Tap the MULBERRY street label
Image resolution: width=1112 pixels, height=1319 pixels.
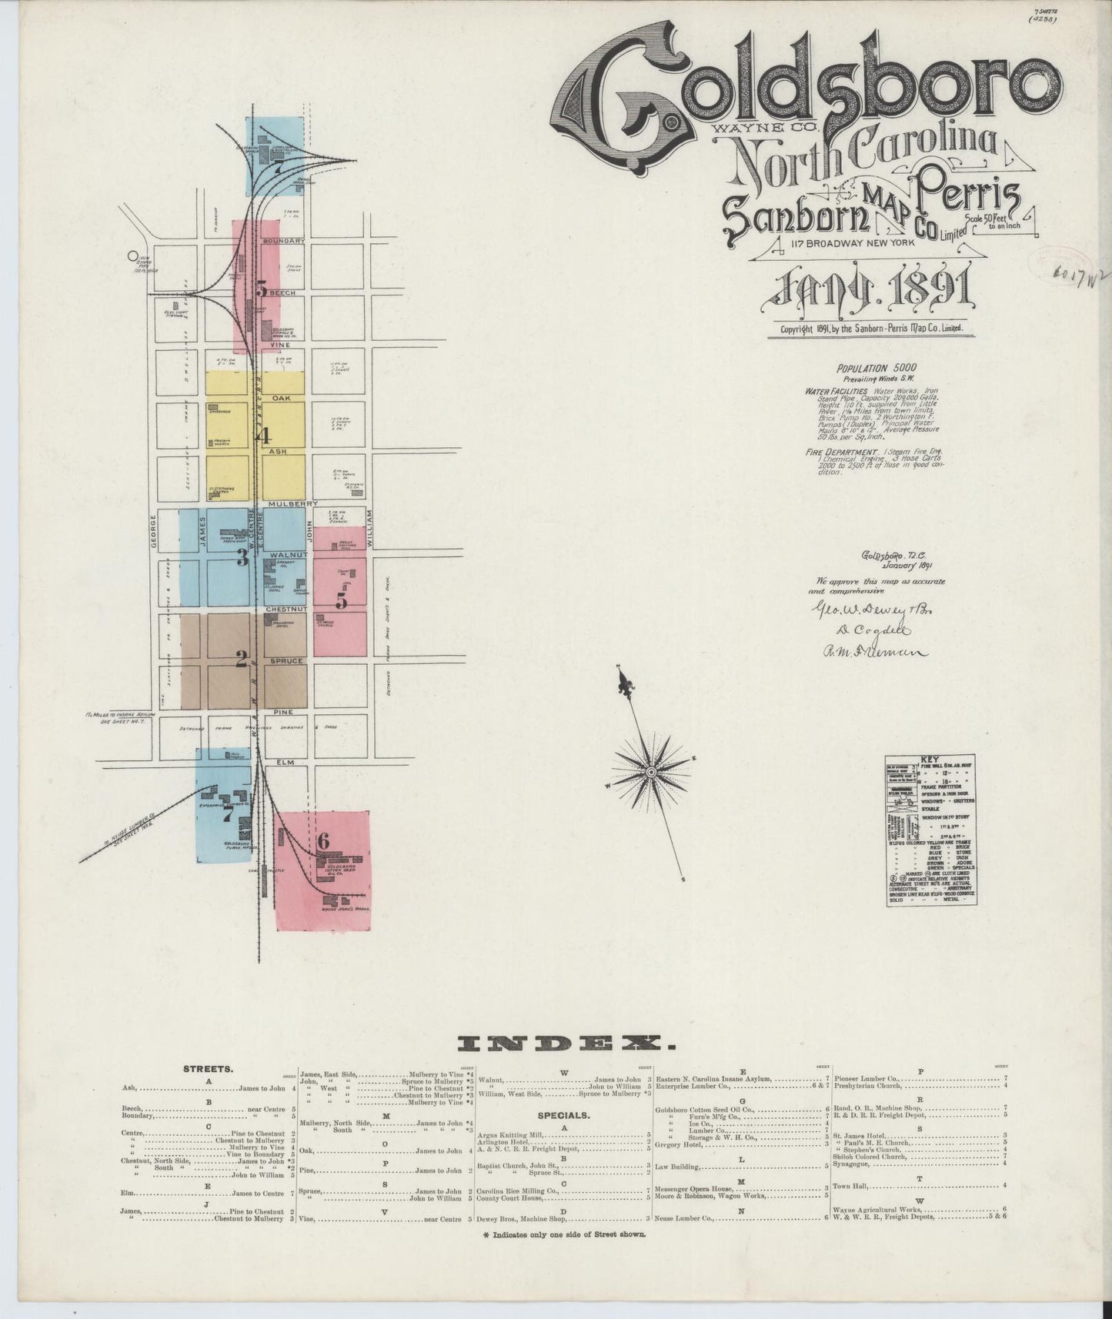click(x=288, y=503)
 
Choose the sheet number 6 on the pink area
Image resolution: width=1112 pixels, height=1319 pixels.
click(x=323, y=841)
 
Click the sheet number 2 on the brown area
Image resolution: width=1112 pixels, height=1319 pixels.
click(x=241, y=659)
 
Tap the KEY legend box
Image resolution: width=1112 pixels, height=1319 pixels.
click(x=930, y=830)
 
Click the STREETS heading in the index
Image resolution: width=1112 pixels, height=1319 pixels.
click(x=209, y=1069)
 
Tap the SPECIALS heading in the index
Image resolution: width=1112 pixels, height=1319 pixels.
click(x=565, y=1113)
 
